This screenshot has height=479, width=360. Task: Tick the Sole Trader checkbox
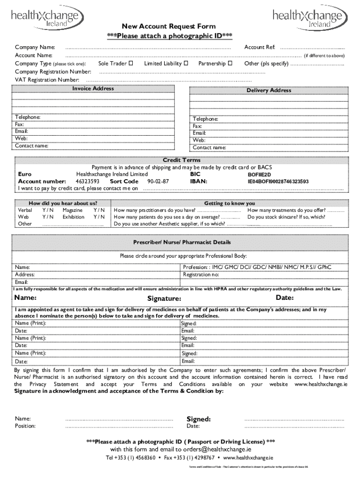(131, 63)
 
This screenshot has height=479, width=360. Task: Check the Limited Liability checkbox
(186, 63)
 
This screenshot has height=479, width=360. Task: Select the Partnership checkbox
(230, 63)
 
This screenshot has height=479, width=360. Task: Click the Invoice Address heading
(93, 88)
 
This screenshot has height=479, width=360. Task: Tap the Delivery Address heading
(269, 90)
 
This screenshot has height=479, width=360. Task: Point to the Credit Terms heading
(181, 160)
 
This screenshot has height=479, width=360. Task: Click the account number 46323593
(87, 181)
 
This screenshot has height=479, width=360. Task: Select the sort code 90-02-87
(158, 181)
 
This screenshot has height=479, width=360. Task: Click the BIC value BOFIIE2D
(259, 174)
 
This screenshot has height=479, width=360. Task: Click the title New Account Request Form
(169, 27)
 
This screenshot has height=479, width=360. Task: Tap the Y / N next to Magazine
(99, 210)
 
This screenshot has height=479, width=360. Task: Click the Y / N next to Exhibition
(99, 217)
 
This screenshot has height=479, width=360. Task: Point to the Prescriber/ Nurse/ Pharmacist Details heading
(182, 242)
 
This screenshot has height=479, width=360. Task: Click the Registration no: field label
(201, 275)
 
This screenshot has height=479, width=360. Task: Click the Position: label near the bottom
(25, 426)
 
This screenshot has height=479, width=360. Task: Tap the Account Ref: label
(259, 48)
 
